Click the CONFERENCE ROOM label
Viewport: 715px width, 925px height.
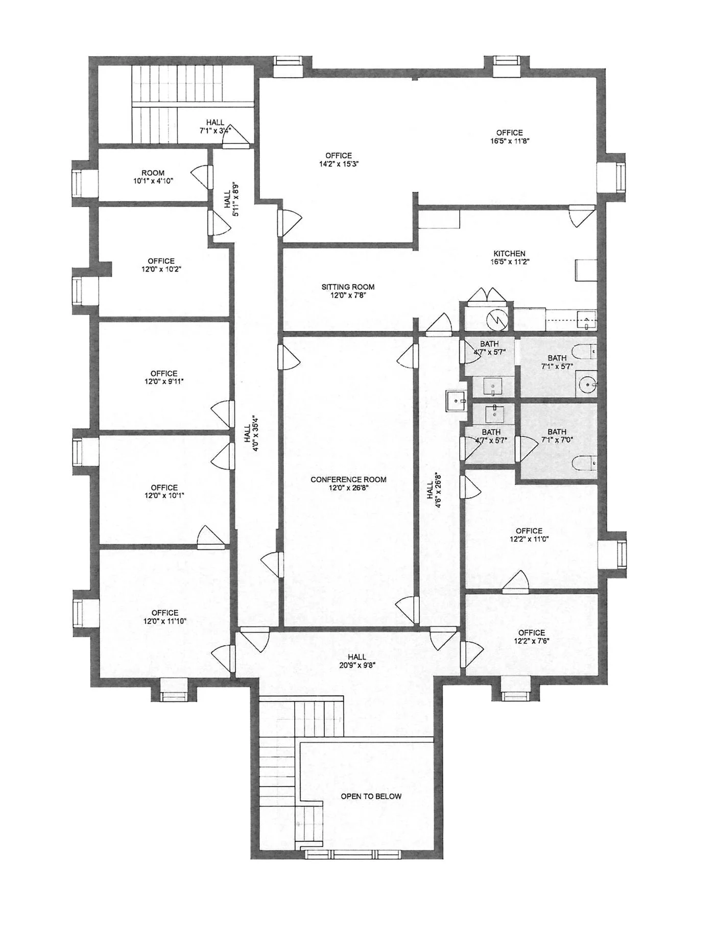[x=348, y=479]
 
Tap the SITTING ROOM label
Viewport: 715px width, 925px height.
[x=348, y=287]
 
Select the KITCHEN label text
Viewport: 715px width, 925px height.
[x=509, y=254]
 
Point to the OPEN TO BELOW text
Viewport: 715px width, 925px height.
[x=371, y=796]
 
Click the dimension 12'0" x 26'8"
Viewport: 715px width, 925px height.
[x=348, y=488]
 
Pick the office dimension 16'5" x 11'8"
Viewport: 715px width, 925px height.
[x=509, y=141]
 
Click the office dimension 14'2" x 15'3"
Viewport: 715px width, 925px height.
[x=339, y=164]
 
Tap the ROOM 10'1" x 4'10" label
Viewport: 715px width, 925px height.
[x=153, y=177]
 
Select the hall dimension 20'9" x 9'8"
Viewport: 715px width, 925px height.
[x=357, y=665]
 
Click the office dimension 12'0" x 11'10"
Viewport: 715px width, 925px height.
[x=165, y=621]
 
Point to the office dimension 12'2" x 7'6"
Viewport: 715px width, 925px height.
[x=532, y=641]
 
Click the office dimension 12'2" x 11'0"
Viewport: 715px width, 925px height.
[x=529, y=539]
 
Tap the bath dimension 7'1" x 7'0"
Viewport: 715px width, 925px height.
[x=557, y=440]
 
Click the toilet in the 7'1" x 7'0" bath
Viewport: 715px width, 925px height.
[x=584, y=463]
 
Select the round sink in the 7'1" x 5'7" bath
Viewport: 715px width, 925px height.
[x=586, y=384]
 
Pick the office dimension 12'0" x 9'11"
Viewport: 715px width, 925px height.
[x=164, y=381]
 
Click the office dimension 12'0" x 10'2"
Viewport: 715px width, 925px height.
[x=162, y=269]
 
